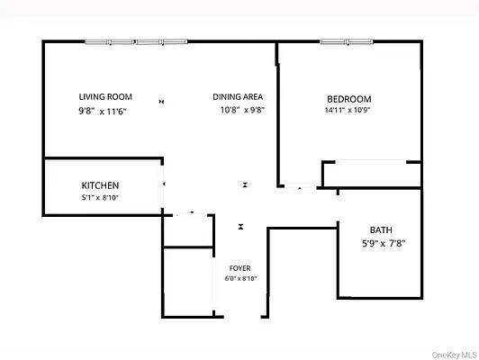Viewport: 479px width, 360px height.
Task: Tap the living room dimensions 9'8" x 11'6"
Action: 101,112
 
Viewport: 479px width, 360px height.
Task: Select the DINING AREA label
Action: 238,97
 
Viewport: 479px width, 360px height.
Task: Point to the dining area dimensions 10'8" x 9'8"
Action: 241,112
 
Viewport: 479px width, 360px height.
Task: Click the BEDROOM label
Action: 348,99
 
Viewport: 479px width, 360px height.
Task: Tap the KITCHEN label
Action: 100,184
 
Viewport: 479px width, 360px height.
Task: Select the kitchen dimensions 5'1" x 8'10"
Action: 101,198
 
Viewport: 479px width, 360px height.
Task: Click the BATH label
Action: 381,230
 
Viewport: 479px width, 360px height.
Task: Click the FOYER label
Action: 240,267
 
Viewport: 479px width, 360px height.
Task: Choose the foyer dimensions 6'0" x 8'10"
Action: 240,279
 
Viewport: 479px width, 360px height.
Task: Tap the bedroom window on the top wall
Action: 347,41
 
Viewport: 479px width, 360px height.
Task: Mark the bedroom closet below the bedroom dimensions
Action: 371,174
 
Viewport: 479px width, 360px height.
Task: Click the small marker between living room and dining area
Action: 161,102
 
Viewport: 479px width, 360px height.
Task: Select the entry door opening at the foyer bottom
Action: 240,316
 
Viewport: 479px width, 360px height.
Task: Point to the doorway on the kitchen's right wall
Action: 164,185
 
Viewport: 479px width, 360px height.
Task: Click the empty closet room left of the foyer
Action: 186,281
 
